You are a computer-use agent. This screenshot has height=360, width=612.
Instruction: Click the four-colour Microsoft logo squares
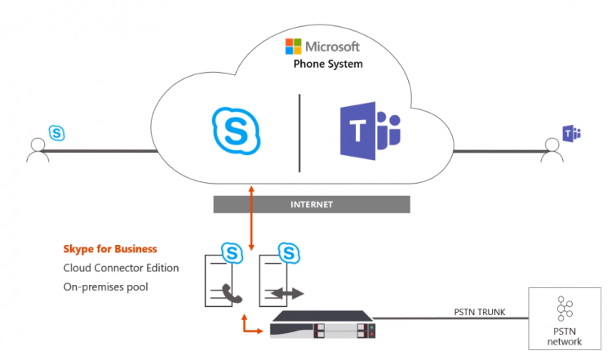coord(292,46)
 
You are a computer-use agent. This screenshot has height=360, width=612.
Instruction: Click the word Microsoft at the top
coord(333,46)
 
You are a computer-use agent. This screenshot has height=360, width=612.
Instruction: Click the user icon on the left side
coord(36,149)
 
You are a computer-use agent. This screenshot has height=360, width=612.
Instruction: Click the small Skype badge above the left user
coord(56,131)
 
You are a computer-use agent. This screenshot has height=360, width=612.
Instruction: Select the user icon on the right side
coord(552,149)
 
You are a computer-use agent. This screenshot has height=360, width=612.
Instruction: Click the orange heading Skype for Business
coord(110,249)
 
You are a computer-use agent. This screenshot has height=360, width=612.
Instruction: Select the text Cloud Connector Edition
coord(120,268)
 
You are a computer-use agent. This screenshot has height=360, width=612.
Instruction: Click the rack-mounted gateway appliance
coord(325,330)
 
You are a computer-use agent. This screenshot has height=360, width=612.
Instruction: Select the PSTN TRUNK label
coord(481,311)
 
